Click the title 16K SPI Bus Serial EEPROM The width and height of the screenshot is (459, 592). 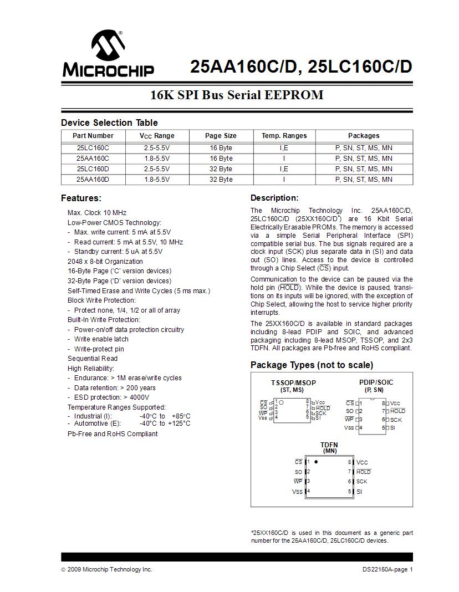237,95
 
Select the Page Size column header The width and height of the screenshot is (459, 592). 221,136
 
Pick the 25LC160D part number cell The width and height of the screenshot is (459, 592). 93,169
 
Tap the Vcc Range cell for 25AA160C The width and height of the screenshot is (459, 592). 156,159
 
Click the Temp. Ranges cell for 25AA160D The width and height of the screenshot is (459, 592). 284,180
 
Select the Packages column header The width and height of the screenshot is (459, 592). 364,136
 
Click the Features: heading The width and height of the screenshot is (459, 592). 81,198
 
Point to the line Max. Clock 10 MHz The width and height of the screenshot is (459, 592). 97,213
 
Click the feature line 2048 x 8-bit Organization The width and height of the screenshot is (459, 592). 105,262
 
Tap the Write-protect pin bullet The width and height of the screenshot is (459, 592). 99,349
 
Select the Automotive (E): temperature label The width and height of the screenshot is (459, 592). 98,423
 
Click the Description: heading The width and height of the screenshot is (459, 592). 274,198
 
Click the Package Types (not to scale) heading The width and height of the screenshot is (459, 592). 312,365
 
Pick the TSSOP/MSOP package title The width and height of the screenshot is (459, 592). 293,383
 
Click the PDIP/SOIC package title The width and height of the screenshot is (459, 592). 376,383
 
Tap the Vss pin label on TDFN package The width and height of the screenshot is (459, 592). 297,492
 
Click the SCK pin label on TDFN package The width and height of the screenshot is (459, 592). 361,482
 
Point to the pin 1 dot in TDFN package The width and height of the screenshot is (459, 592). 316,462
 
